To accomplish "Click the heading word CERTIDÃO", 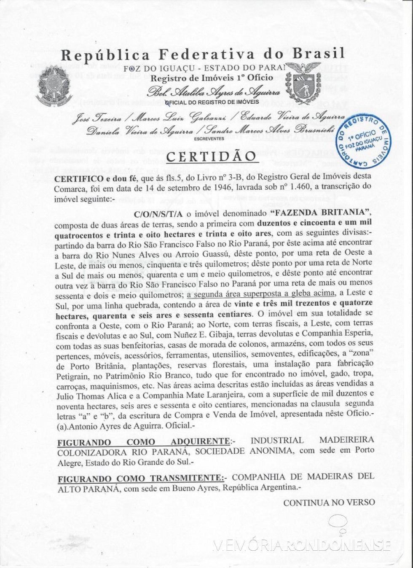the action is point(211,156).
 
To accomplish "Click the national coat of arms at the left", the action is point(54,86).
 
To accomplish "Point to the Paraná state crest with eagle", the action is point(303,82).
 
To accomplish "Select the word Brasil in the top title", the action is point(319,54).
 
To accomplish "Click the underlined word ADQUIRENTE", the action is point(200,441).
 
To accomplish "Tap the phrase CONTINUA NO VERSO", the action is point(329,503).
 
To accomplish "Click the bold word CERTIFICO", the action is point(79,178).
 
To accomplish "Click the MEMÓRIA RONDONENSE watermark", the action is point(301,545).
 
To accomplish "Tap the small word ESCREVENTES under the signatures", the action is point(209,139).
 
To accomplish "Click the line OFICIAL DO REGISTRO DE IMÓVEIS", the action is point(212,102).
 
